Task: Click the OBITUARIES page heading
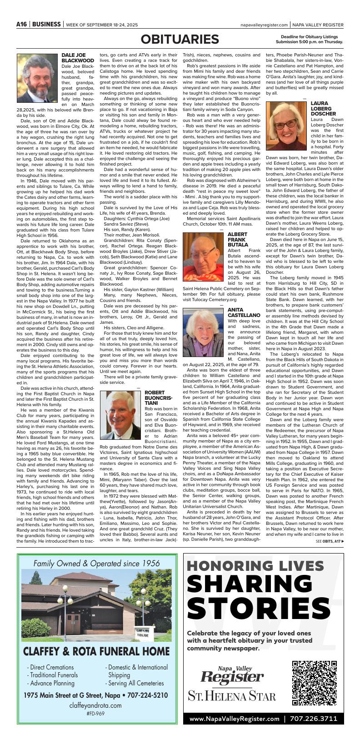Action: click(180, 40)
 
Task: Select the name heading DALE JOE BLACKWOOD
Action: click(78, 58)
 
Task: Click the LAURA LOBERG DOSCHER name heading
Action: click(324, 109)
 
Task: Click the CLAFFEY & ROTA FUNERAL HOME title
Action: click(96, 651)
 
